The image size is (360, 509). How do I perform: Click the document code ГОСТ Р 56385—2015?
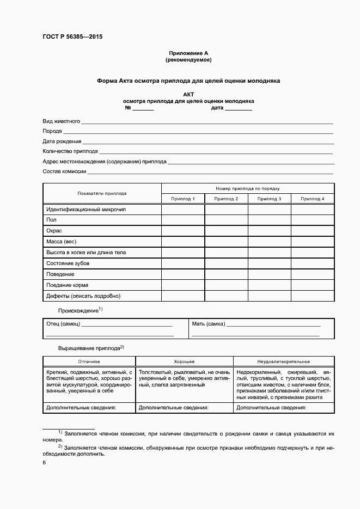pyautogui.click(x=72, y=37)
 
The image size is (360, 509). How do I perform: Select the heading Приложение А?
pyautogui.click(x=188, y=53)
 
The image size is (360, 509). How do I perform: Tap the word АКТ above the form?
pyautogui.click(x=188, y=94)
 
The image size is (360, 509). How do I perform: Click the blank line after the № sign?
pyautogui.click(x=143, y=109)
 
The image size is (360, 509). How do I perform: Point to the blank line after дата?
pyautogui.click(x=238, y=109)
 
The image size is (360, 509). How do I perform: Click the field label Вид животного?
pyautogui.click(x=62, y=121)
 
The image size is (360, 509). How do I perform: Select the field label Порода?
pyautogui.click(x=52, y=131)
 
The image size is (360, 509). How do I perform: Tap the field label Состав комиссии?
pyautogui.click(x=64, y=171)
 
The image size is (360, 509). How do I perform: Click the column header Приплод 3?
pyautogui.click(x=270, y=199)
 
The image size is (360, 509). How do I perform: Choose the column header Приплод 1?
pyautogui.click(x=183, y=199)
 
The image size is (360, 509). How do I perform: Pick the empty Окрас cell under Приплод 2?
pyautogui.click(x=226, y=231)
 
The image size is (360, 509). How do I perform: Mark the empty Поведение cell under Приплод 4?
pyautogui.click(x=313, y=274)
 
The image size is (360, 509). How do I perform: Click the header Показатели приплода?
pyautogui.click(x=102, y=193)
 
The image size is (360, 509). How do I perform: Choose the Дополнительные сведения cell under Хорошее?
pyautogui.click(x=184, y=407)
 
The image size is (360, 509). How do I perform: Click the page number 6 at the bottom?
pyautogui.click(x=44, y=463)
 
